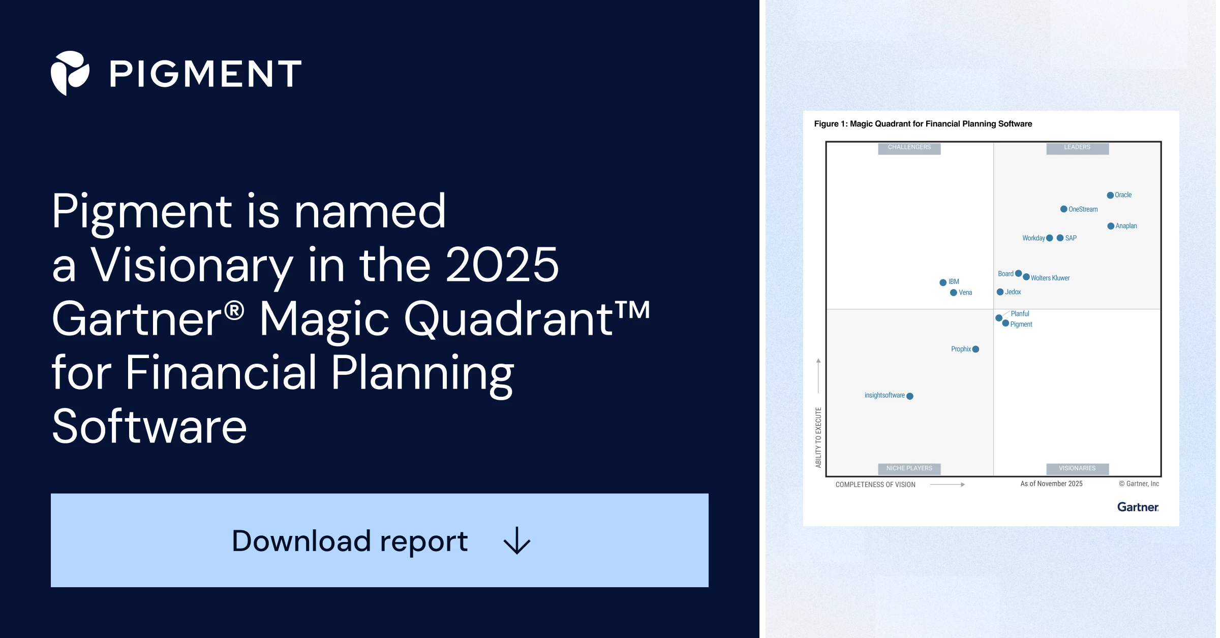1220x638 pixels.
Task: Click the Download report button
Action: (379, 540)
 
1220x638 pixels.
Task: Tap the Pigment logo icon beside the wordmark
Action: (70, 73)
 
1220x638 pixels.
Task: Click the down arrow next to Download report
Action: (517, 540)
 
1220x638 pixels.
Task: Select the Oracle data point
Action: (1110, 195)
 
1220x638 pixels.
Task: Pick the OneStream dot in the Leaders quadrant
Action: (1063, 209)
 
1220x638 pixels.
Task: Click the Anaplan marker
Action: (1111, 226)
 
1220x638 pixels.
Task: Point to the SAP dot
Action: (1060, 238)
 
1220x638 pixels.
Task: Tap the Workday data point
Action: (1050, 238)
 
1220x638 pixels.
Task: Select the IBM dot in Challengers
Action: (943, 282)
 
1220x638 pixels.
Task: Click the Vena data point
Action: (954, 293)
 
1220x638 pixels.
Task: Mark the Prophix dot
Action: (975, 349)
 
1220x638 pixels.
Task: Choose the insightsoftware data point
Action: (910, 396)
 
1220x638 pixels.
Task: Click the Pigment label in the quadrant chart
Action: (1021, 324)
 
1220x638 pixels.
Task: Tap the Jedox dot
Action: (1000, 292)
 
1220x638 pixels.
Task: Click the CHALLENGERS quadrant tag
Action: (909, 148)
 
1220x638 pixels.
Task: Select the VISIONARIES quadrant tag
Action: (1077, 468)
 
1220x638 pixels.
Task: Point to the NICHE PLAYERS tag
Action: (909, 468)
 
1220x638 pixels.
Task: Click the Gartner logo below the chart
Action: (1138, 507)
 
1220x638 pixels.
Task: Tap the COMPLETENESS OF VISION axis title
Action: (875, 485)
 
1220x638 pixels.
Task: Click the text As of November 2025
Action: (1051, 484)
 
